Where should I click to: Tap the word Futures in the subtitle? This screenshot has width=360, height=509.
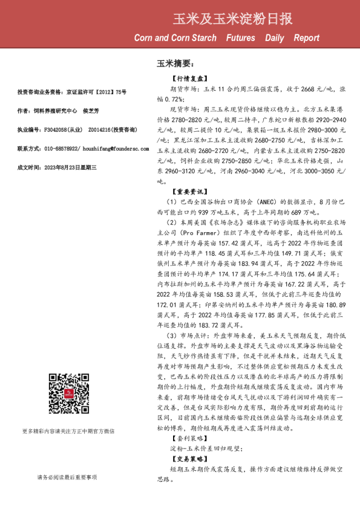pos(241,38)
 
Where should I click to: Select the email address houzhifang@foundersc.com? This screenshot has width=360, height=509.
pos(96,148)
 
